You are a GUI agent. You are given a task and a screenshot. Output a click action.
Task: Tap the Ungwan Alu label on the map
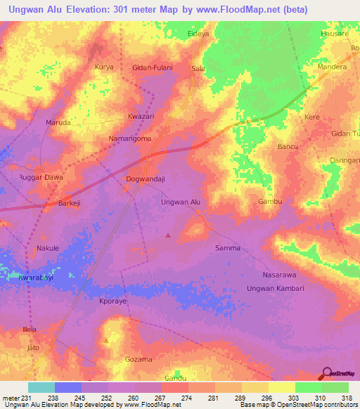[181, 202]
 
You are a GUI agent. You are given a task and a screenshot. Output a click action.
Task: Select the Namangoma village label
[130, 139]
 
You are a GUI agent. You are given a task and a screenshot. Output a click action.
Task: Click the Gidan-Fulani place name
[153, 68]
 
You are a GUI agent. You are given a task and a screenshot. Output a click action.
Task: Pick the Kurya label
[103, 67]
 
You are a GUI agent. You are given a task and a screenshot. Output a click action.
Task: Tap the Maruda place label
[58, 122]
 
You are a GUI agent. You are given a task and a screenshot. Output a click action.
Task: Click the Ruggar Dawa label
[40, 178]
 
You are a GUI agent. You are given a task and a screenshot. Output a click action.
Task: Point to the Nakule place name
[47, 249]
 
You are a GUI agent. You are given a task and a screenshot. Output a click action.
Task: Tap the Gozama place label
[138, 359]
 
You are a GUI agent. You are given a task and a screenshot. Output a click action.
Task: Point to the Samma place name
[227, 248]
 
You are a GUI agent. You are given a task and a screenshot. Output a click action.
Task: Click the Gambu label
[270, 202]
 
